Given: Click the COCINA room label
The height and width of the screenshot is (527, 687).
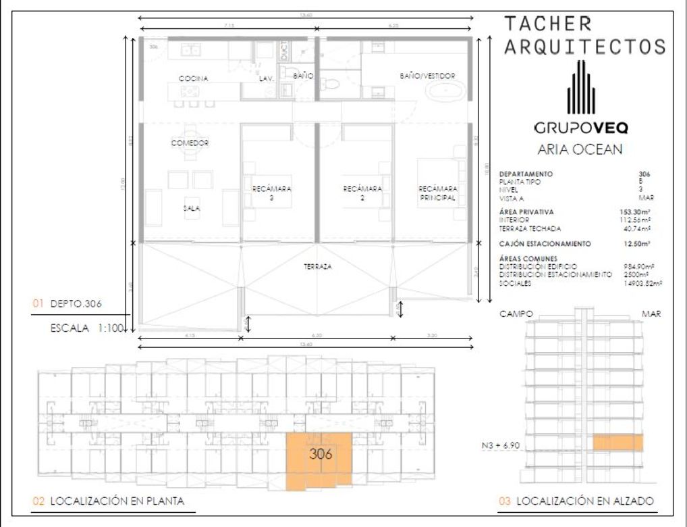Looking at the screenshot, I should click(193, 79).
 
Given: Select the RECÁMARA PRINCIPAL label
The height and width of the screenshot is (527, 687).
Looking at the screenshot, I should click(437, 193).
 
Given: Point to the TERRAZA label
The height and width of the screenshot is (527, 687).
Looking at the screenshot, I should click(317, 267).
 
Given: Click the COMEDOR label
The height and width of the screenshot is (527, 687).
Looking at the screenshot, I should click(190, 143).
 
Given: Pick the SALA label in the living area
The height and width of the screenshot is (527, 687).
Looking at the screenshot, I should click(192, 209).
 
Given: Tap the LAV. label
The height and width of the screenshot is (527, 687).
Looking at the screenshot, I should click(267, 79).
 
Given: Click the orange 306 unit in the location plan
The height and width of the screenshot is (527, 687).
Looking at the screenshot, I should click(320, 460).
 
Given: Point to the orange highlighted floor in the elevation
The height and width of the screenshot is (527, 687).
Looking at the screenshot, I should click(617, 443).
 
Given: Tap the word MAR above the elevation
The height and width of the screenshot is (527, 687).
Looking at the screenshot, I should click(651, 314).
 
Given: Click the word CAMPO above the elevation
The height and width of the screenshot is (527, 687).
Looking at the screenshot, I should click(516, 314).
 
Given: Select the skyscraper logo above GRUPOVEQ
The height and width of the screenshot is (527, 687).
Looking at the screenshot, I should click(580, 88).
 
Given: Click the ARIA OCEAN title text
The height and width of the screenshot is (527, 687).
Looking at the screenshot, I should click(580, 150).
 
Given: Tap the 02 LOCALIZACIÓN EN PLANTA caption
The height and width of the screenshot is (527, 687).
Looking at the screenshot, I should click(109, 501).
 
